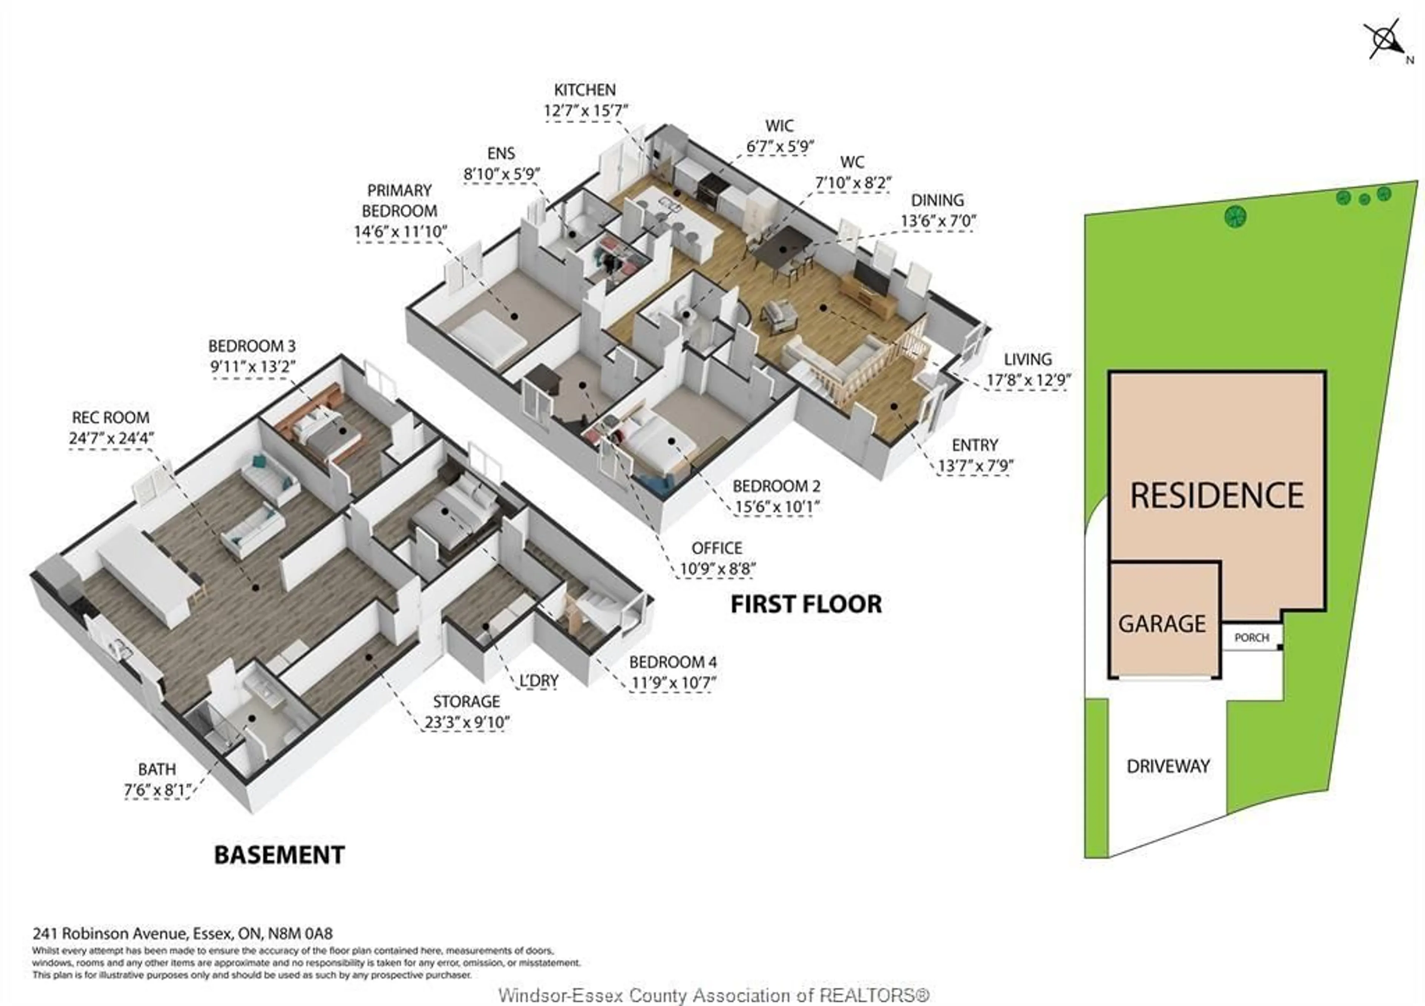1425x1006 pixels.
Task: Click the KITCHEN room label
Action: (584, 90)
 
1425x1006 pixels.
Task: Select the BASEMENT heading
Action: (279, 855)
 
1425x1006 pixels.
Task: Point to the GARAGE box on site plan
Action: (1162, 623)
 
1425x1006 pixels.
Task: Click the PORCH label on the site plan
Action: (1251, 638)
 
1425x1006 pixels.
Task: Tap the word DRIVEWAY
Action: (1168, 766)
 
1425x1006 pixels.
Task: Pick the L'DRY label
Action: (539, 681)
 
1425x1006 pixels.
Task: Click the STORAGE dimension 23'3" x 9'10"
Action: (467, 722)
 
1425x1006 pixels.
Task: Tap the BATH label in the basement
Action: (157, 770)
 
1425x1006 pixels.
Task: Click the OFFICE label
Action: (717, 548)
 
